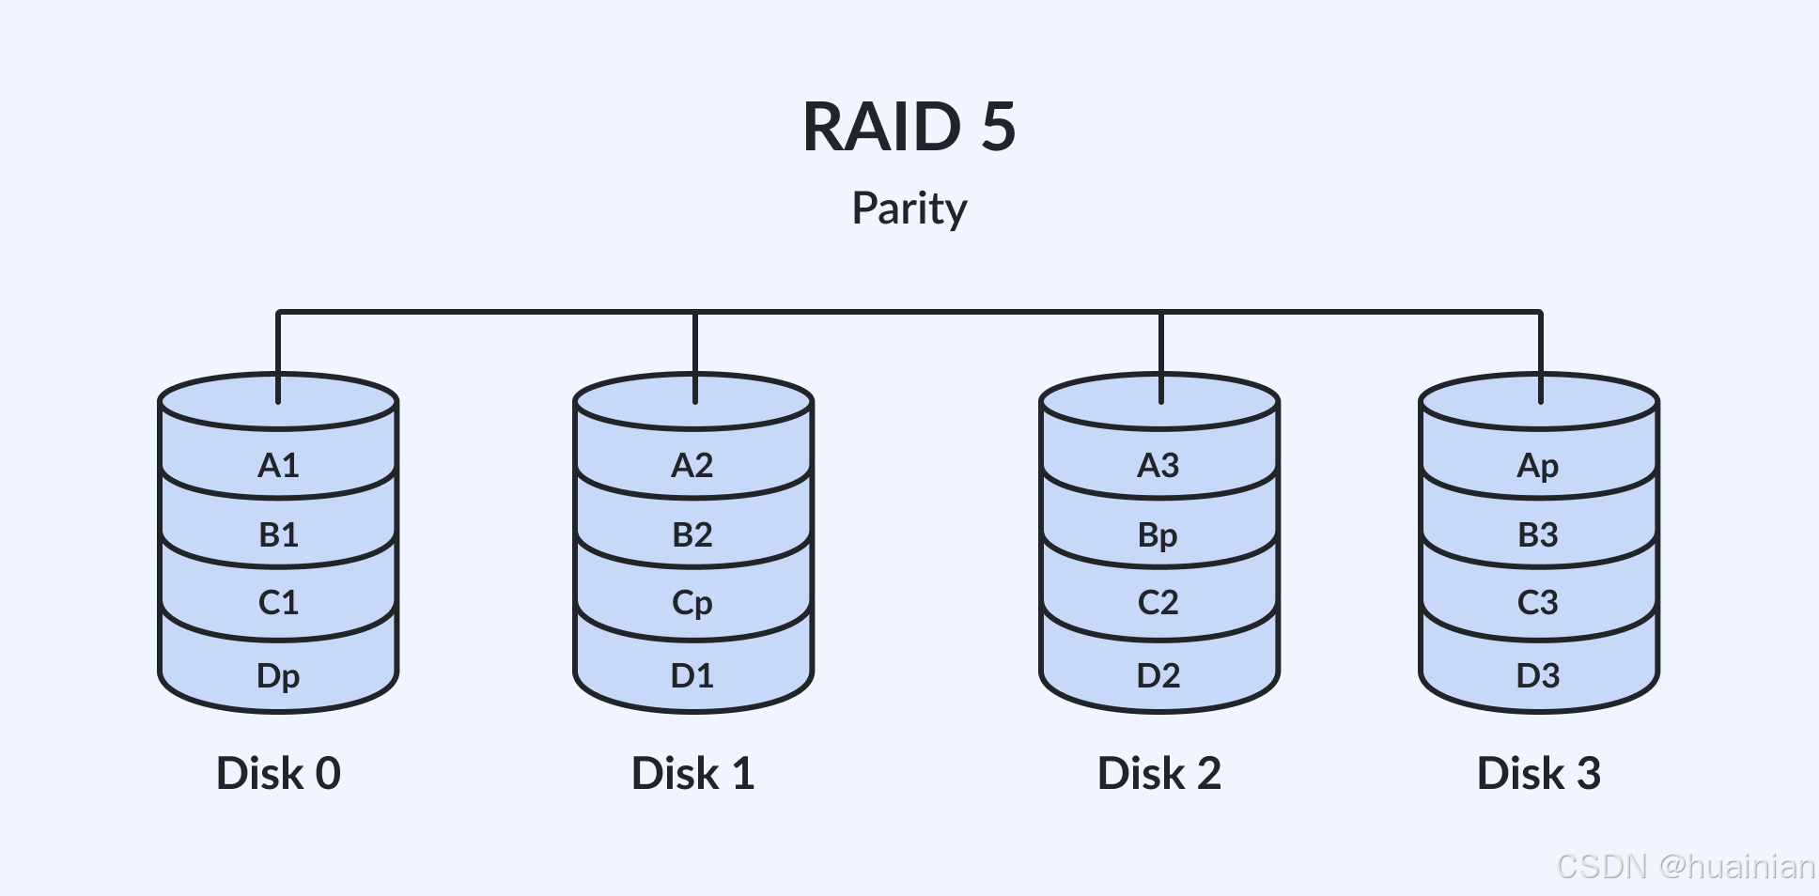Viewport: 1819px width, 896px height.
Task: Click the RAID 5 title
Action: [x=909, y=127]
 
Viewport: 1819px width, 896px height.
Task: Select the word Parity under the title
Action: [x=909, y=209]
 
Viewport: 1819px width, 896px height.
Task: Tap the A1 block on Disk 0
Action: [x=278, y=466]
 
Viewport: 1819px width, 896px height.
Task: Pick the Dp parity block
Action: [x=278, y=676]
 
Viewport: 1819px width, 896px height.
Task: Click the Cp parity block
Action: [x=692, y=603]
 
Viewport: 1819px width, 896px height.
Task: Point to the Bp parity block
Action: [x=1158, y=535]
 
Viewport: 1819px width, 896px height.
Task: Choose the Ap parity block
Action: [x=1538, y=466]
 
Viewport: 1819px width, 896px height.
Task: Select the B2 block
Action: [x=692, y=535]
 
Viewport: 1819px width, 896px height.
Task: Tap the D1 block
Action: [x=692, y=676]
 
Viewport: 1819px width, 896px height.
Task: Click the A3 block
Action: [x=1158, y=466]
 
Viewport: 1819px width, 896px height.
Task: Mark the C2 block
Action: [x=1158, y=603]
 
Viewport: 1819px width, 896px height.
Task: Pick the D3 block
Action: [x=1538, y=676]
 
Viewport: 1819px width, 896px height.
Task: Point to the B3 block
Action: [x=1538, y=535]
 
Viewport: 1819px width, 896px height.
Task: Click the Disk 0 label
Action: [x=278, y=774]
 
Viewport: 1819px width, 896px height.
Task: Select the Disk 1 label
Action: [x=692, y=774]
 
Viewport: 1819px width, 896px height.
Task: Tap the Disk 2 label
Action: [x=1158, y=774]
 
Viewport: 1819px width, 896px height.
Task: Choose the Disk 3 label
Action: [x=1538, y=774]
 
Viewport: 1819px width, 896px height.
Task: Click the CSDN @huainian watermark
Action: [x=1686, y=866]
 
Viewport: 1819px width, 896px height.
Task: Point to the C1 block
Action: [x=278, y=603]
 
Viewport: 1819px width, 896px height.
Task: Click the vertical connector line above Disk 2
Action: [x=1161, y=348]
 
